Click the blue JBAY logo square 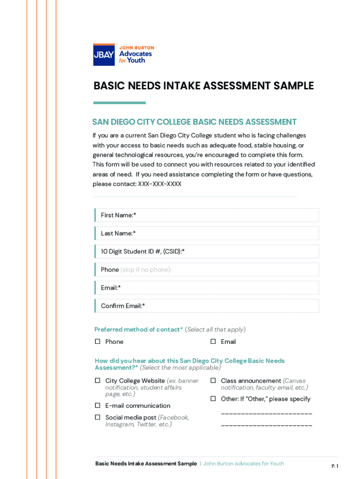(104, 55)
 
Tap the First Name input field (207, 215)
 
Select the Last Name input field (207, 233)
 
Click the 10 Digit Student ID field (207, 252)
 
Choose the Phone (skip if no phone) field (207, 270)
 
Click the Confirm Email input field (207, 306)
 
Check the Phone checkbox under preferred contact (98, 341)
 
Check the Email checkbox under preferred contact (213, 341)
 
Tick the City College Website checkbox (98, 381)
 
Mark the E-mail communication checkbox (98, 406)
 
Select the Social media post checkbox (98, 417)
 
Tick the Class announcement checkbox (213, 381)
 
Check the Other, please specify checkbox (213, 399)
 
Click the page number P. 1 (335, 466)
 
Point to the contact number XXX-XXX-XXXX (159, 184)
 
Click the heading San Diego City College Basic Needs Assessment (194, 122)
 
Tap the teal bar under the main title (119, 103)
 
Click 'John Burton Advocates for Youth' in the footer (244, 464)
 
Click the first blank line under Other (266, 414)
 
